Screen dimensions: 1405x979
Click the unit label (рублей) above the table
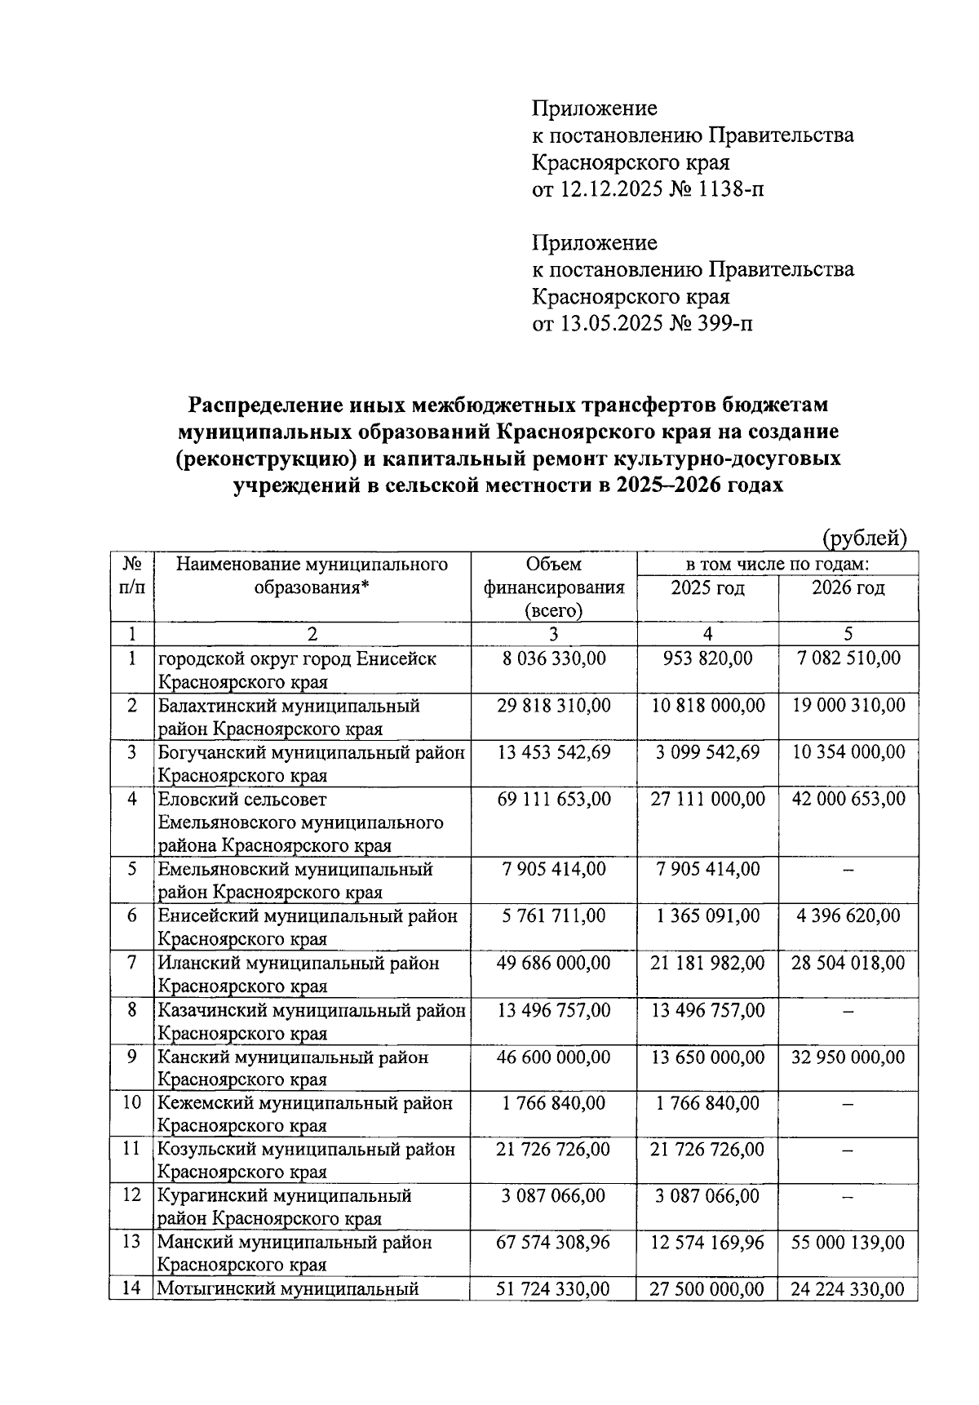click(x=864, y=539)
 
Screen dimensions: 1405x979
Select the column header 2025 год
click(x=707, y=588)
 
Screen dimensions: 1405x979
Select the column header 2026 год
click(x=848, y=588)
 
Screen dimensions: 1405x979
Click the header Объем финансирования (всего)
click(x=554, y=587)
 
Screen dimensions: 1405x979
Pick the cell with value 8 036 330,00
click(x=554, y=658)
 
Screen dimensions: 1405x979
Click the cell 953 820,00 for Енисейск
click(x=707, y=658)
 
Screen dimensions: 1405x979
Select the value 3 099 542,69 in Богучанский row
click(x=707, y=752)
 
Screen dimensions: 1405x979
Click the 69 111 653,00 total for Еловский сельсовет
click(x=554, y=800)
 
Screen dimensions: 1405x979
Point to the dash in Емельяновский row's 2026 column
click(x=848, y=871)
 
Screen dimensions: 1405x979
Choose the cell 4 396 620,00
click(x=848, y=916)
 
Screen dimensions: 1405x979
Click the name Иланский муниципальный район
click(x=299, y=964)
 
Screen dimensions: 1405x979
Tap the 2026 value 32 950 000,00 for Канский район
click(x=848, y=1057)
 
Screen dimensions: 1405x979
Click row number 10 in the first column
click(x=131, y=1104)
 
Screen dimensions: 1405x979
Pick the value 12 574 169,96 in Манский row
click(x=707, y=1243)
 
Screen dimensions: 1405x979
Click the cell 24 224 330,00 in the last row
click(x=848, y=1290)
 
